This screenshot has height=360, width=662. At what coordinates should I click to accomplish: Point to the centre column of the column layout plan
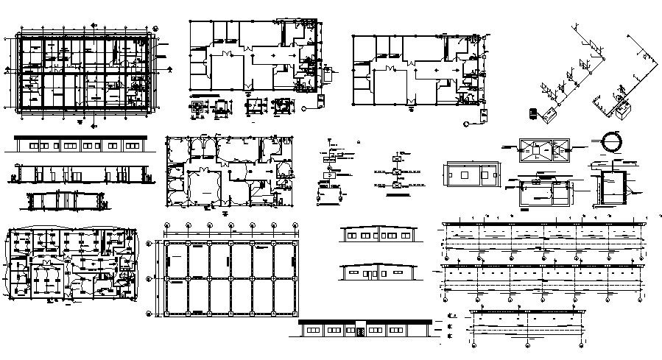tap(231, 278)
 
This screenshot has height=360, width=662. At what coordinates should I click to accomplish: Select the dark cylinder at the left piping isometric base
tap(532, 113)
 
